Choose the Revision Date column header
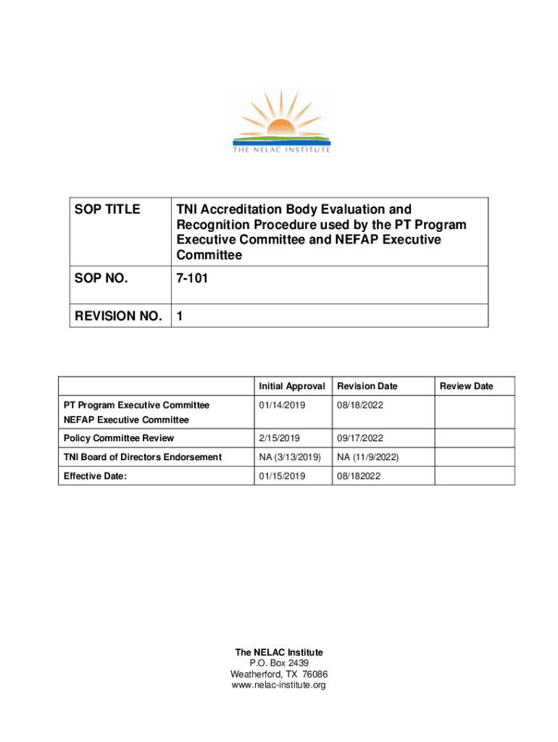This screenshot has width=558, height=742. (367, 386)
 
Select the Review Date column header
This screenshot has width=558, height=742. (467, 386)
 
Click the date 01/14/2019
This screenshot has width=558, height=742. (281, 405)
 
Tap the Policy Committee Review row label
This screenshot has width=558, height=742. (119, 438)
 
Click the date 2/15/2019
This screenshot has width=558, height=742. (279, 438)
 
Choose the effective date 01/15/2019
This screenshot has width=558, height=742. (281, 476)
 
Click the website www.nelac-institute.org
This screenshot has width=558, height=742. (278, 685)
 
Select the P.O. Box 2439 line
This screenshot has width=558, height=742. (278, 663)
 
